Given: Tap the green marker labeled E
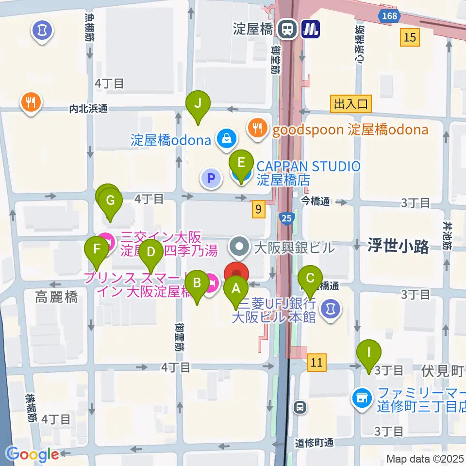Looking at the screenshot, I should (241, 161).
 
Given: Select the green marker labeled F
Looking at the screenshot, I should (97, 250).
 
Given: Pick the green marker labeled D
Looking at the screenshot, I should (151, 251).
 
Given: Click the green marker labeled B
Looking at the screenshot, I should (197, 283).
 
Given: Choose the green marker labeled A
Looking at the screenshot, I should (236, 288).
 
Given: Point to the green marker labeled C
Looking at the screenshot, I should (310, 279).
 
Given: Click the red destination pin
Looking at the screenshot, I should (236, 272).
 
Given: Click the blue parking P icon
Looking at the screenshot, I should (211, 179).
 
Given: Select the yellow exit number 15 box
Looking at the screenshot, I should (410, 37).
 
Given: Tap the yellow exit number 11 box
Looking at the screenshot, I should (316, 362).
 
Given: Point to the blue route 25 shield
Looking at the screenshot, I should (286, 218).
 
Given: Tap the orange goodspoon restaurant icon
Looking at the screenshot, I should (256, 128).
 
